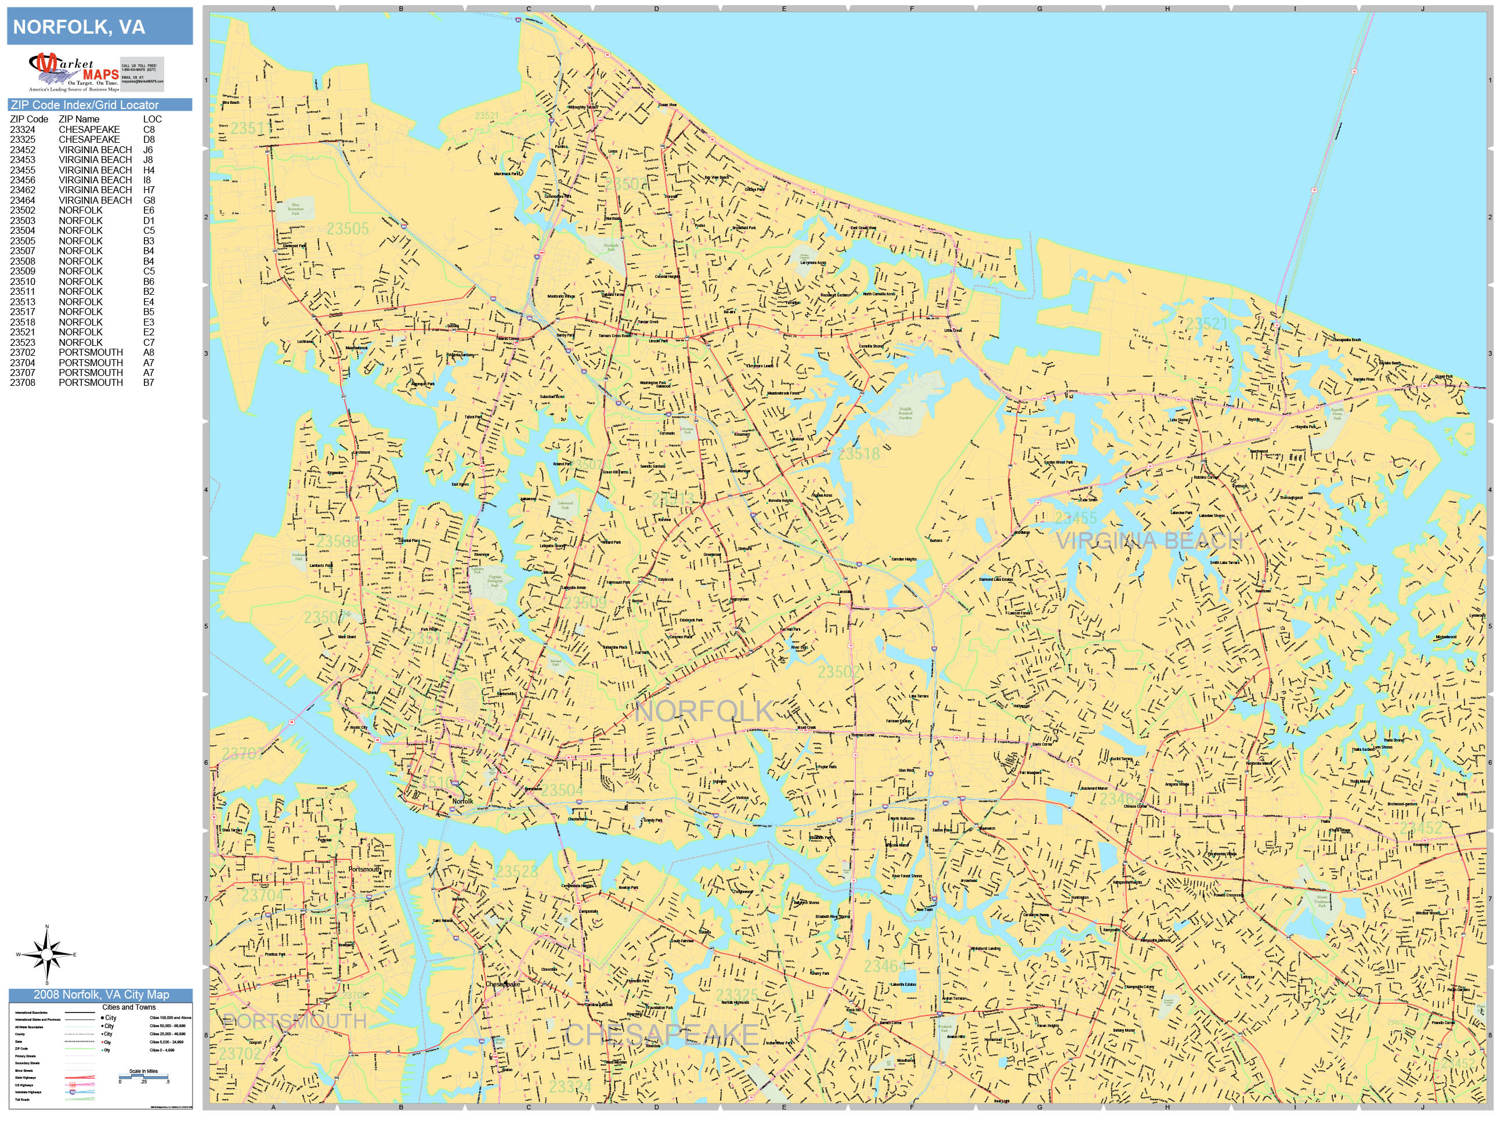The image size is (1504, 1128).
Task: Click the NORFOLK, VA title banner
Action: pos(99,27)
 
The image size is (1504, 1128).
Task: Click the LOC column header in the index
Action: pos(152,119)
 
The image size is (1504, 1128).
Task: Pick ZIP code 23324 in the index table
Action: pos(23,129)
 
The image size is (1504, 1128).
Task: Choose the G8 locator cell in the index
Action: pos(149,200)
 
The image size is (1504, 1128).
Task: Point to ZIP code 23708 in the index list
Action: pos(23,383)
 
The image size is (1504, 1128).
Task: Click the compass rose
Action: pos(47,955)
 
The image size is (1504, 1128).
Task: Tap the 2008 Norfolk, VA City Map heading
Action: pos(100,995)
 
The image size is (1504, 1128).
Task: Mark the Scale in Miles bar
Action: pos(143,1077)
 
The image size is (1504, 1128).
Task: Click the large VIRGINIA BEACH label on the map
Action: pos(1148,541)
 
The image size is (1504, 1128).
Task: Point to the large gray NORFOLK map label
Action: pos(704,711)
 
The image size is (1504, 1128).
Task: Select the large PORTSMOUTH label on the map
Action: pos(294,1021)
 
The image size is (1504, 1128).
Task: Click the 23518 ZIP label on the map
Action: pos(859,454)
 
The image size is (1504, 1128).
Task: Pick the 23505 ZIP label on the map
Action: pos(348,229)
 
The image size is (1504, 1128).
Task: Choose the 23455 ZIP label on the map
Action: pos(1076,518)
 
